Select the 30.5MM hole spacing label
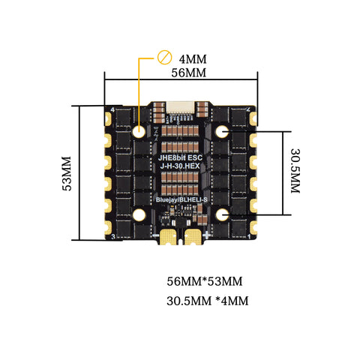(x=295, y=172)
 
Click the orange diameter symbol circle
(x=164, y=57)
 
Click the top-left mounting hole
(x=139, y=132)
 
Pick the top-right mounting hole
(x=222, y=132)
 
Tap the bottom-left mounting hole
(x=139, y=215)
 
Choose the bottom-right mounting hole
(x=222, y=215)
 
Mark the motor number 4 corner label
(x=112, y=110)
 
